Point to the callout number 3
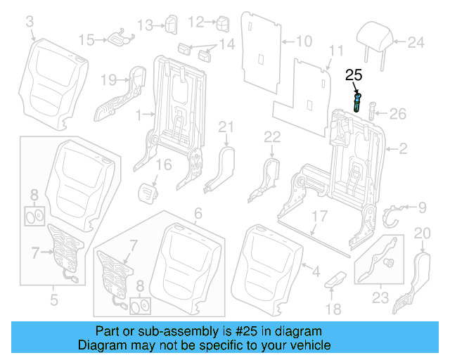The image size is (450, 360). point(30,23)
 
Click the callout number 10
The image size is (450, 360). point(303,41)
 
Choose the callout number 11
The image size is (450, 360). point(336,50)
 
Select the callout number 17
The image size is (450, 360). point(319,217)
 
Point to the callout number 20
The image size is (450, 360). point(422,233)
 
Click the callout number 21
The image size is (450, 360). point(225,127)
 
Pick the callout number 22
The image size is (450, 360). point(272,135)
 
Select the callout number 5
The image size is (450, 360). point(54,303)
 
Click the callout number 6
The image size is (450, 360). point(198,212)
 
